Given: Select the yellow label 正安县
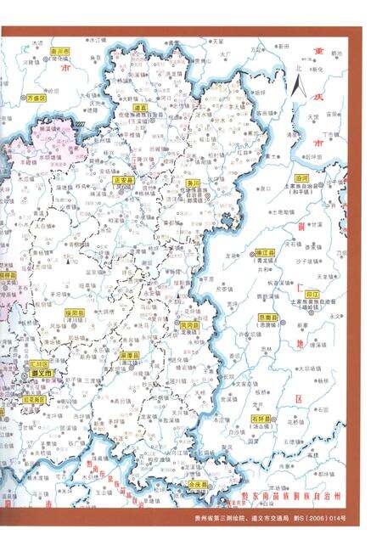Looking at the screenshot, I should coord(124,180).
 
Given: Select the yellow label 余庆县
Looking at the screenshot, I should coord(198,484).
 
